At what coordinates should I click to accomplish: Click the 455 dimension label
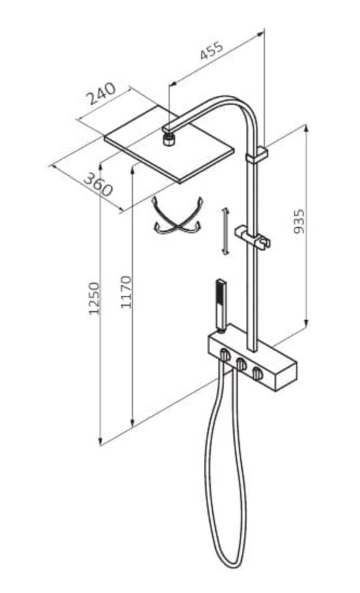tap(212, 51)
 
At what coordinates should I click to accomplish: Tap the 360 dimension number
tap(97, 184)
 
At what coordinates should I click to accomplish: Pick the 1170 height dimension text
tap(126, 292)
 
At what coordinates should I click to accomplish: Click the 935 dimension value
tap(299, 221)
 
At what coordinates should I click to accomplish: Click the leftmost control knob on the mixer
tap(225, 355)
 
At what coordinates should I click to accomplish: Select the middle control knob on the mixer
tap(241, 364)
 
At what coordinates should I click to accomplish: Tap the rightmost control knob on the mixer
tap(258, 373)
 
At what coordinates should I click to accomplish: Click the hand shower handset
tap(220, 306)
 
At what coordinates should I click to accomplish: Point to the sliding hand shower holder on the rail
tap(253, 237)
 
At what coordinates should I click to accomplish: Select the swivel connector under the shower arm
tap(169, 139)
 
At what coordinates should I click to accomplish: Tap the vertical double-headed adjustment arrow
tap(225, 231)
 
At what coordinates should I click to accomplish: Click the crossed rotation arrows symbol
tap(177, 216)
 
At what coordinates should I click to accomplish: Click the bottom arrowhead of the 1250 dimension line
tap(100, 441)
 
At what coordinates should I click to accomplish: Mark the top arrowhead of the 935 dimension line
tap(306, 127)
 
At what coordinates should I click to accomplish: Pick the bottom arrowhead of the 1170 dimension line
tap(132, 422)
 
